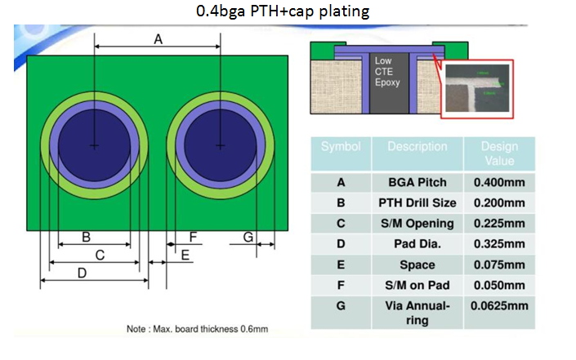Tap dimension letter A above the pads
[x=158, y=38]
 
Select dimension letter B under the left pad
[x=86, y=238]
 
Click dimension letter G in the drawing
[x=247, y=237]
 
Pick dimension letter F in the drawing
[x=193, y=237]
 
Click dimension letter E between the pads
[x=185, y=256]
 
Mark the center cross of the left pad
[x=95, y=145]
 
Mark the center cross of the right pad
[x=220, y=145]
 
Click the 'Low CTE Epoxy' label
[x=384, y=73]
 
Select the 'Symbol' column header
[x=341, y=147]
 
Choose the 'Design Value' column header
[x=499, y=153]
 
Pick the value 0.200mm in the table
[x=499, y=202]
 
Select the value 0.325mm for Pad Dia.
[x=499, y=244]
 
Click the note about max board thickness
[x=198, y=330]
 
